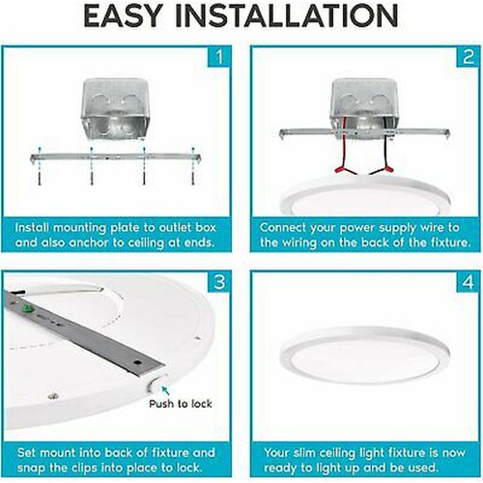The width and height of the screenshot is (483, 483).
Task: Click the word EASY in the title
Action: [x=123, y=15]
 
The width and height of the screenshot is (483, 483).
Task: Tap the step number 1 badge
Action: [x=219, y=57]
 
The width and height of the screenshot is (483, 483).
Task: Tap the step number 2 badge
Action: [x=469, y=57]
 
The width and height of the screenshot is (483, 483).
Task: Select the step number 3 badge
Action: [x=219, y=282]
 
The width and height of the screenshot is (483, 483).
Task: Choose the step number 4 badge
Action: [x=469, y=282]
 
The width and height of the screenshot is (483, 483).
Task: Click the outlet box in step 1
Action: [x=115, y=109]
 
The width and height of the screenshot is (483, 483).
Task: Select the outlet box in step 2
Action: [x=364, y=108]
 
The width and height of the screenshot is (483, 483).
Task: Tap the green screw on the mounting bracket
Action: [x=28, y=309]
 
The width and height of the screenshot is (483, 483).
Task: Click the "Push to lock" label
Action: [x=181, y=404]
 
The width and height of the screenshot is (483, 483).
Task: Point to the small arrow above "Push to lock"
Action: [x=165, y=390]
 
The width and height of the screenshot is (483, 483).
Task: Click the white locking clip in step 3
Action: [x=157, y=384]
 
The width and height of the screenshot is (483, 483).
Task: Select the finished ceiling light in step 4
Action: [x=364, y=355]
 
